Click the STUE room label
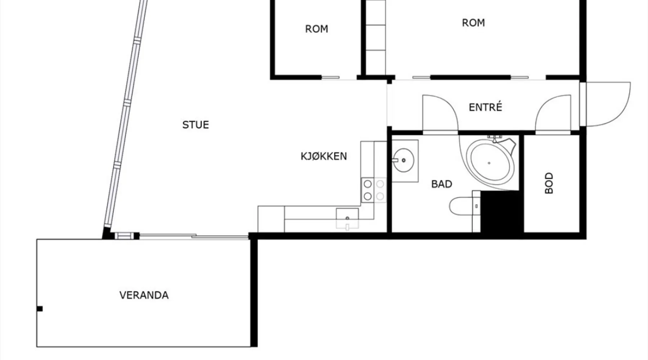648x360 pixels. (x=195, y=125)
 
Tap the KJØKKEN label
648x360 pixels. (x=324, y=156)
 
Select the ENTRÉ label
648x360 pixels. (x=485, y=107)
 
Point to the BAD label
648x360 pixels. (x=441, y=184)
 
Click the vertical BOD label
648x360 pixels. (x=549, y=183)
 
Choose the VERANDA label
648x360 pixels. (x=144, y=295)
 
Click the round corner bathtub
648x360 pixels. (x=490, y=162)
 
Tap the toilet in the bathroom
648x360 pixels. (x=464, y=206)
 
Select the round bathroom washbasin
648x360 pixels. (x=403, y=160)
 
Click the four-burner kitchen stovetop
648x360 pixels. (x=374, y=190)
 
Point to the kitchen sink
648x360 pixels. (x=347, y=218)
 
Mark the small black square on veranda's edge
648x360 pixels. (x=40, y=309)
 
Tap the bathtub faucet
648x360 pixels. (x=495, y=138)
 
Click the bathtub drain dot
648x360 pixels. (x=489, y=163)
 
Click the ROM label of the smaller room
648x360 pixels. (x=316, y=29)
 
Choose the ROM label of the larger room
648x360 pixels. (x=473, y=23)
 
